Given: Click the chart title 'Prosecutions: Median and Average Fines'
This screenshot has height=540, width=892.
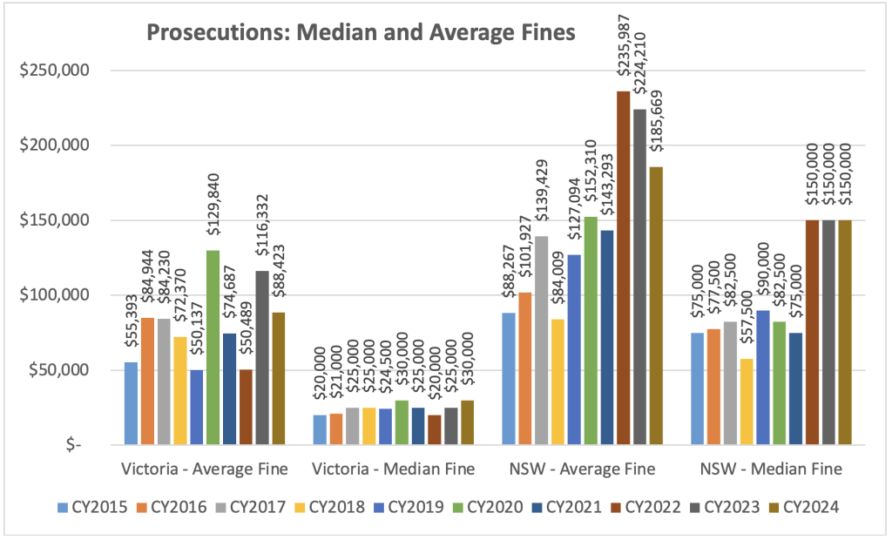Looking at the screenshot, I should click(x=361, y=33).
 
